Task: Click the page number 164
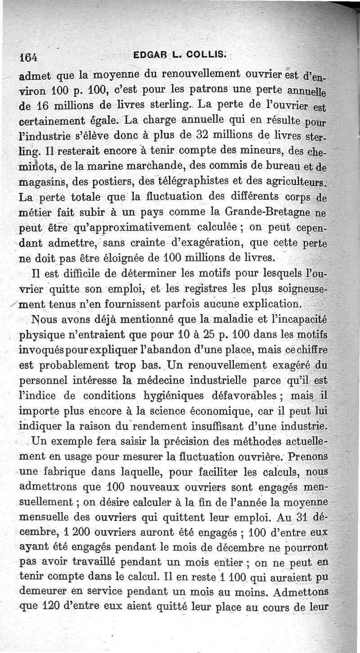pos(28,58)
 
